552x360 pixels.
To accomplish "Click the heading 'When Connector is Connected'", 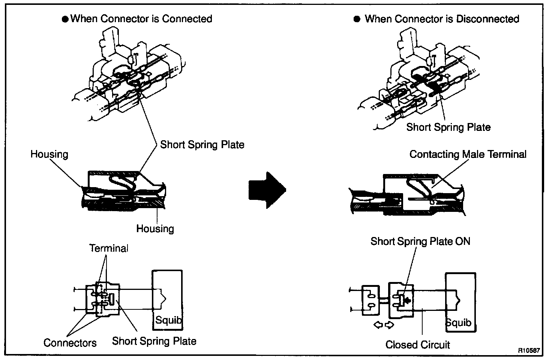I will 141,19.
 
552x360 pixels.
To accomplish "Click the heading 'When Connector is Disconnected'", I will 442,19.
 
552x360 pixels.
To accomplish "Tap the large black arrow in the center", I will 267,190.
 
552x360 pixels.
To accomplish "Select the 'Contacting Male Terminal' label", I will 468,154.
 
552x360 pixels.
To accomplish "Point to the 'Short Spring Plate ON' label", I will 420,241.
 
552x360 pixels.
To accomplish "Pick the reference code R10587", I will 529,351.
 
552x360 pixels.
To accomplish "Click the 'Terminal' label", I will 109,248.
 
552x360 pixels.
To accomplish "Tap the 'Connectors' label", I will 70,343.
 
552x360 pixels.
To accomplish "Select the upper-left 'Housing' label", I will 49,154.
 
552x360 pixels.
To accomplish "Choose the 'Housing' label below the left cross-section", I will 155,229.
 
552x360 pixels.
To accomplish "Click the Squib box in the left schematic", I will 167,300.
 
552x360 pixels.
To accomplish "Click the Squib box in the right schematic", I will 460,302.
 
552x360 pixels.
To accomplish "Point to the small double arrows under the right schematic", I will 384,325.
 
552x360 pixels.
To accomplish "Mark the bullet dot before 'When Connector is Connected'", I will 65,19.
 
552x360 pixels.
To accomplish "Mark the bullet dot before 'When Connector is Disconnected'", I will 357,19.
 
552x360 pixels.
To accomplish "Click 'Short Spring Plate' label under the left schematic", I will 154,341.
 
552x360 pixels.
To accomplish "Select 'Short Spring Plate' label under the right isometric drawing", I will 448,127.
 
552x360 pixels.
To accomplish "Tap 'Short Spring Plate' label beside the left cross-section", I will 202,145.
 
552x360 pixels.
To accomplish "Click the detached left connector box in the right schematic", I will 371,300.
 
